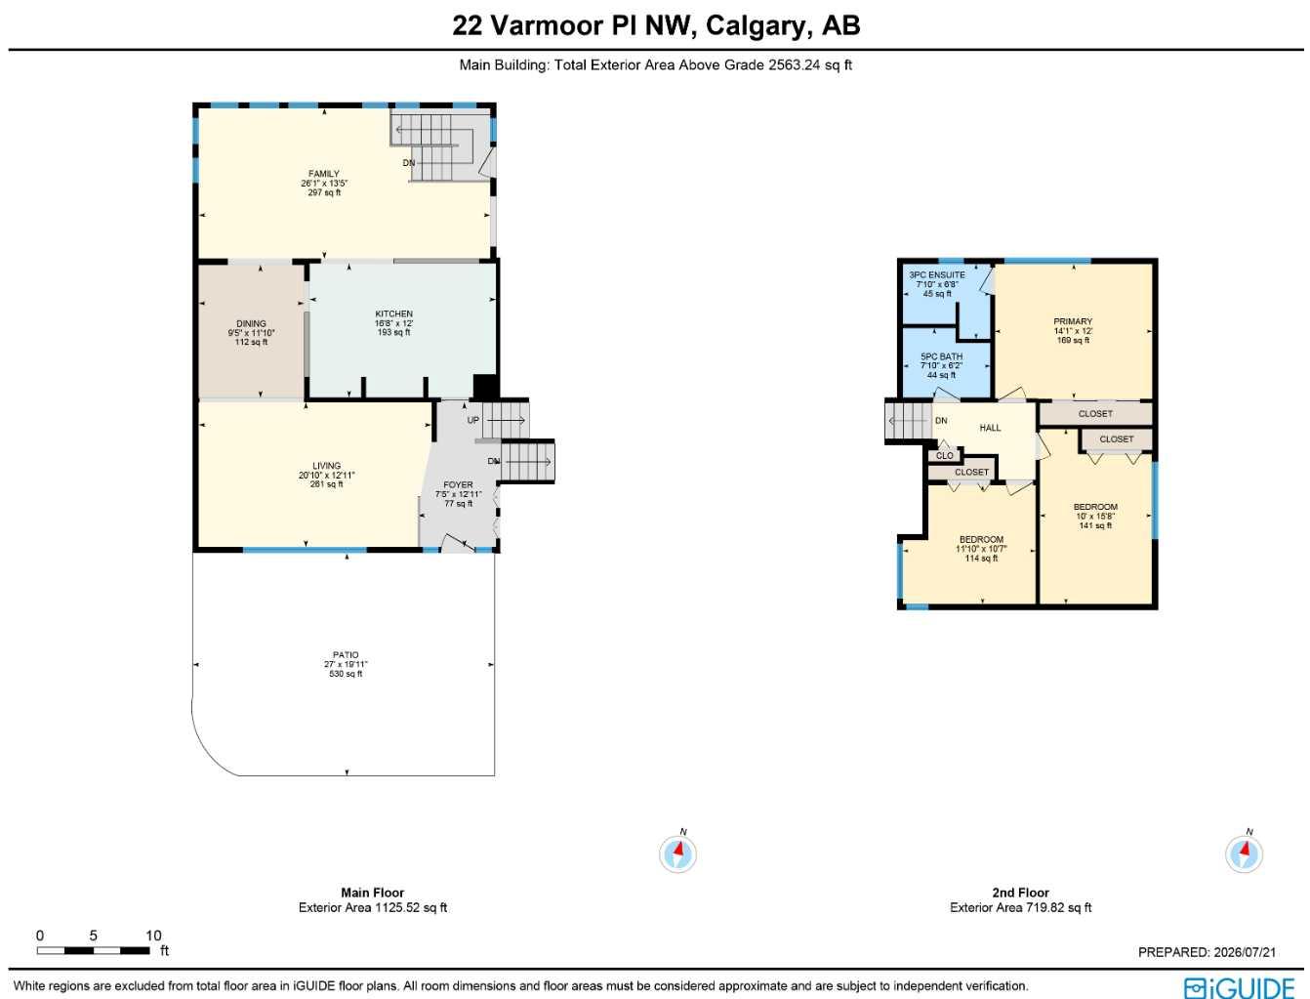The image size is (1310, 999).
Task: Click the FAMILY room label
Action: pyautogui.click(x=323, y=174)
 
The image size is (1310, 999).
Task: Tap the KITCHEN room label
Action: pyautogui.click(x=393, y=313)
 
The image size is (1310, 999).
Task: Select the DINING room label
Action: pyautogui.click(x=251, y=323)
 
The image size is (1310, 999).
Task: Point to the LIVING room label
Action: pyautogui.click(x=326, y=466)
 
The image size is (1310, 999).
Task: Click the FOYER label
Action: pyautogui.click(x=458, y=484)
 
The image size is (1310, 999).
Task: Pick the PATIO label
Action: pyautogui.click(x=346, y=654)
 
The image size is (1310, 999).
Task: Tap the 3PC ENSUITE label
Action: pyautogui.click(x=937, y=275)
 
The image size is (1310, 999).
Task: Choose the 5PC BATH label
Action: pyautogui.click(x=941, y=356)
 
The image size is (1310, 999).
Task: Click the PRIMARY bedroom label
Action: pyautogui.click(x=1073, y=321)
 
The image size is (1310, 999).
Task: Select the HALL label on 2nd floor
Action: pyautogui.click(x=990, y=428)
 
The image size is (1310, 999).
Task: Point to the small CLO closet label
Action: pyautogui.click(x=945, y=455)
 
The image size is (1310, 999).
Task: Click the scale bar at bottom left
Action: pyautogui.click(x=93, y=951)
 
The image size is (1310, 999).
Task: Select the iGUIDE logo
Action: pyautogui.click(x=1239, y=988)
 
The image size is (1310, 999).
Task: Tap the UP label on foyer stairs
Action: pyautogui.click(x=472, y=420)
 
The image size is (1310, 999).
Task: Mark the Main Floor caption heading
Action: pyautogui.click(x=373, y=893)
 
